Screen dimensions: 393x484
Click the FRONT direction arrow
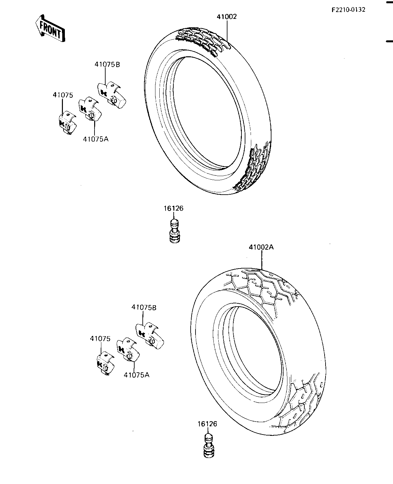(x=50, y=28)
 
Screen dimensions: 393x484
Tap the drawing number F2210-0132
(x=348, y=10)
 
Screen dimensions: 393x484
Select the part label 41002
(x=226, y=17)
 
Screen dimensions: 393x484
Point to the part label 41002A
(x=261, y=247)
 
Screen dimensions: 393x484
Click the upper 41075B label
(x=107, y=64)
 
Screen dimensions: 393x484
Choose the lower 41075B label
(x=144, y=308)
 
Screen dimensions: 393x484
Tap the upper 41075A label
(x=95, y=139)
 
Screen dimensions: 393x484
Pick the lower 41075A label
(x=137, y=375)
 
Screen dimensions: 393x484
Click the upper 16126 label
(x=174, y=208)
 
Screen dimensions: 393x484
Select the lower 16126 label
(x=207, y=424)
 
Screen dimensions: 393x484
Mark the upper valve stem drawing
(x=175, y=231)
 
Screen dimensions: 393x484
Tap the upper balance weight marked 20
(x=90, y=109)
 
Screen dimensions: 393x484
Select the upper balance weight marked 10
(x=67, y=123)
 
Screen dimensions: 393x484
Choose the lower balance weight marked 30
(x=150, y=335)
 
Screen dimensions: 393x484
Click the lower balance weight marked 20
(x=128, y=350)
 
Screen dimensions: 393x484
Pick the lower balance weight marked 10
(x=105, y=363)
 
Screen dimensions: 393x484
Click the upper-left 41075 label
(x=63, y=95)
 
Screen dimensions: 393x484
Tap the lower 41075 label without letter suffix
(x=100, y=339)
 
